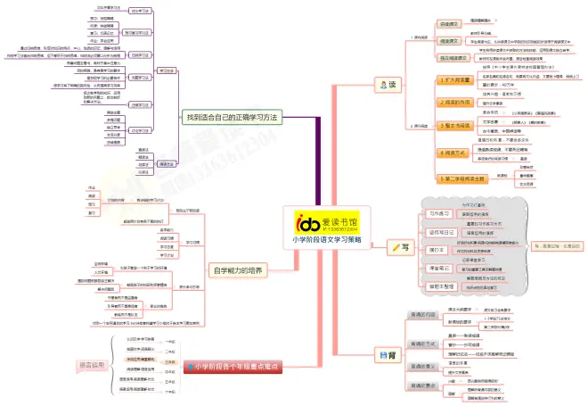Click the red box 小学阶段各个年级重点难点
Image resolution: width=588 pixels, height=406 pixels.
coord(228,366)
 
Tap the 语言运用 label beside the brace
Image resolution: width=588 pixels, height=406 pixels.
coord(91,365)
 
